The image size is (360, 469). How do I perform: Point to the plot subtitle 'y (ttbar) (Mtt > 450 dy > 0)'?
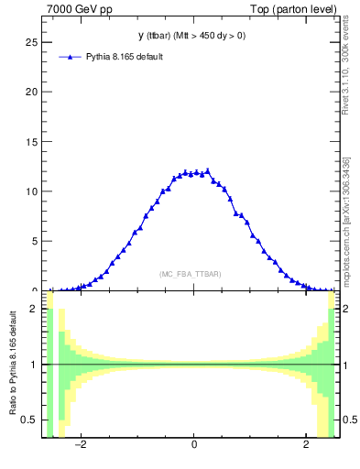click(192, 37)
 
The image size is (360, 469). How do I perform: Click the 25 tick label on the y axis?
click(30, 42)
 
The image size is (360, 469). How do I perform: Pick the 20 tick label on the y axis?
click(30, 92)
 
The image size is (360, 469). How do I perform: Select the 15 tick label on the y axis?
click(30, 141)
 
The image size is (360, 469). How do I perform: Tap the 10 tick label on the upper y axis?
click(30, 191)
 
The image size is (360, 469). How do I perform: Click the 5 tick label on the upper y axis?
click(33, 241)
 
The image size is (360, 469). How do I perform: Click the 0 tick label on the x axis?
click(194, 445)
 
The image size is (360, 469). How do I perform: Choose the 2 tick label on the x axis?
click(306, 445)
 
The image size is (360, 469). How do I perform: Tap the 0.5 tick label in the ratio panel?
click(29, 420)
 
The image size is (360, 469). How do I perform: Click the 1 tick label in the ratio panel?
click(34, 365)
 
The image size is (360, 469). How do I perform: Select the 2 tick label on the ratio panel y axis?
click(34, 309)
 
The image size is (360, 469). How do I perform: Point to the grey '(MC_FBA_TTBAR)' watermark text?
click(190, 274)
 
